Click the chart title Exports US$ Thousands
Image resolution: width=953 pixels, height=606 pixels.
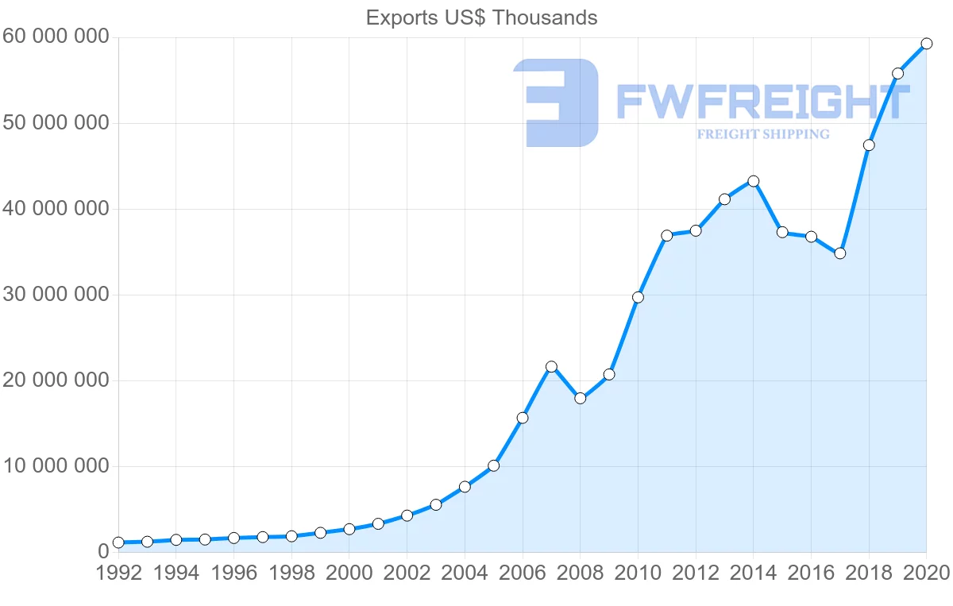(x=481, y=17)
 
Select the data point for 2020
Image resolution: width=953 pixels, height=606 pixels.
(x=926, y=44)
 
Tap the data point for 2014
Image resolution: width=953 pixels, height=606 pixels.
(x=753, y=181)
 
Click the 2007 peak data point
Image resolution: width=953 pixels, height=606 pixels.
(x=551, y=367)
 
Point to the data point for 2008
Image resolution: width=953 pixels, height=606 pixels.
(x=580, y=398)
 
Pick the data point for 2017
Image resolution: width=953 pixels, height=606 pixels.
(x=839, y=253)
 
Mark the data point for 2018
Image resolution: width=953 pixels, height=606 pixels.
(x=869, y=145)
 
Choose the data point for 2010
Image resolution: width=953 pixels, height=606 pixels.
(x=638, y=297)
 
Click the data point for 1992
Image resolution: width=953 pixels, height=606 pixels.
(x=118, y=542)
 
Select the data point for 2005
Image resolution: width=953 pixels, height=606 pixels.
(x=493, y=465)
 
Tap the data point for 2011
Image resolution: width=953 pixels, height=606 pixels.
(x=666, y=235)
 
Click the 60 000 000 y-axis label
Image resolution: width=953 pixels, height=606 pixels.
(x=56, y=37)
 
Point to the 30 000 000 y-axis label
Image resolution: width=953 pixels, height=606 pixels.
(x=56, y=295)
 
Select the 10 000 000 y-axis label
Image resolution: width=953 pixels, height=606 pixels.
(x=56, y=466)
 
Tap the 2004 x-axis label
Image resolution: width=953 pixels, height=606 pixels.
(x=465, y=573)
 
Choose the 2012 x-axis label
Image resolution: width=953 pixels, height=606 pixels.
(x=696, y=573)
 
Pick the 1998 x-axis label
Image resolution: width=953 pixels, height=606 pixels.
(x=291, y=573)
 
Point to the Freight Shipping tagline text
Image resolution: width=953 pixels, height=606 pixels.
(x=762, y=134)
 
